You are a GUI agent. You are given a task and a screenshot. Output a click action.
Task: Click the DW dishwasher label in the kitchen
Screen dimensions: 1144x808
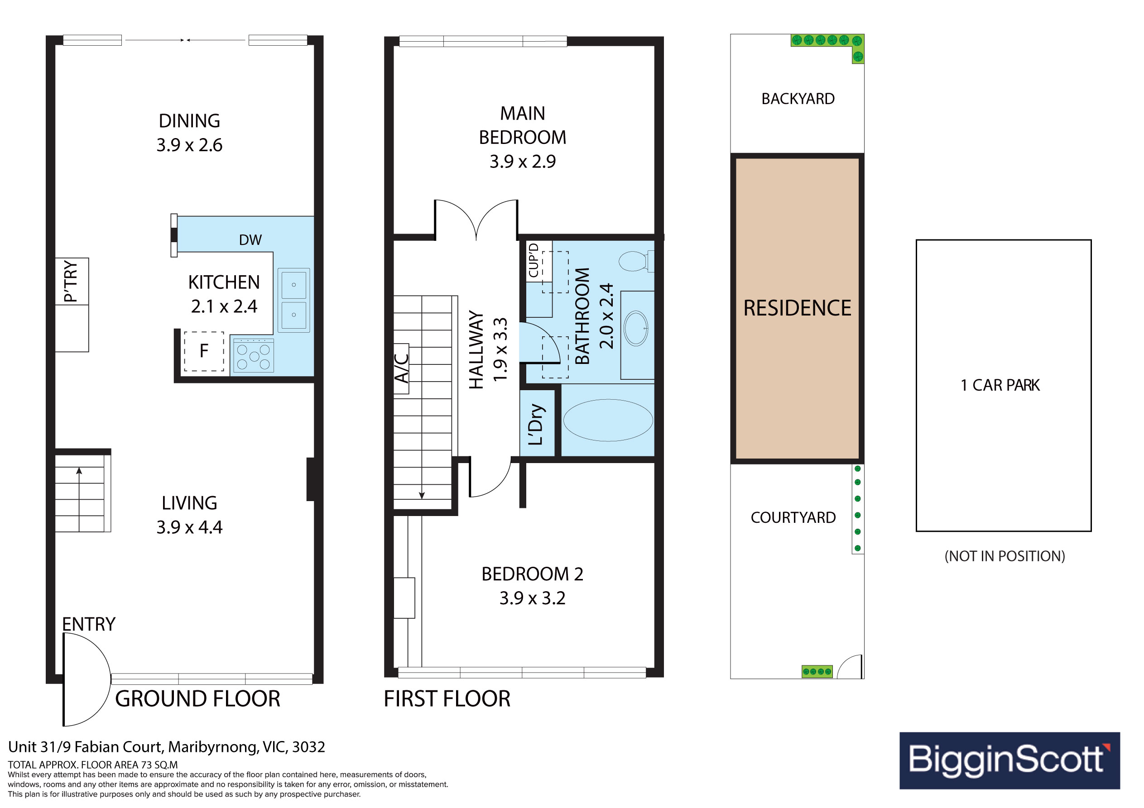pos(250,240)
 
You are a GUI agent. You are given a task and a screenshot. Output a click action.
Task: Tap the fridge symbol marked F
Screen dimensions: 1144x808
pos(204,351)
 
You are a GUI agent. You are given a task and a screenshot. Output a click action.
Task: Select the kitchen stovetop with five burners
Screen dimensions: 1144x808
pos(253,356)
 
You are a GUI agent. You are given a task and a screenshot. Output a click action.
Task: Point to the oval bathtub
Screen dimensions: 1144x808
pos(608,420)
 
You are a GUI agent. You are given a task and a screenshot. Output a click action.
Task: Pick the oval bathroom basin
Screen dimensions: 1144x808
pos(636,328)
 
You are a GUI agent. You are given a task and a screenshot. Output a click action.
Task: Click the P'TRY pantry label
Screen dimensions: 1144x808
pos(71,282)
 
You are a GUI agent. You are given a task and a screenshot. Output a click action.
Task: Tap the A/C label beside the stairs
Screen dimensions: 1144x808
pos(402,368)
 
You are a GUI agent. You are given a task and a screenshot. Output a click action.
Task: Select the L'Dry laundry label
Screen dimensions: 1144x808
pos(536,424)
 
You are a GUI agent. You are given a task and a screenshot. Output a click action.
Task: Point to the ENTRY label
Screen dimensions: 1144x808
pos(89,624)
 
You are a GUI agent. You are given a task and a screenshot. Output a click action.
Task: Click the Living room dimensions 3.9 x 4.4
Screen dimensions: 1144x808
pos(189,527)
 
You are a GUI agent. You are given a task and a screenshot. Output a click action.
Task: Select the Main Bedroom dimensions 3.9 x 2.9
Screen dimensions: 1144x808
pos(523,162)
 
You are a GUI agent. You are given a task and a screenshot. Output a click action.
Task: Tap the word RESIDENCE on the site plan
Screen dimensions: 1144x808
pos(797,308)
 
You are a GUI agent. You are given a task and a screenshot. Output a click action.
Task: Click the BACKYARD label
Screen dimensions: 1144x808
pos(798,99)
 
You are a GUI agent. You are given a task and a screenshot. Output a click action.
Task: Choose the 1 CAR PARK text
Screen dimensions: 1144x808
pos(1000,385)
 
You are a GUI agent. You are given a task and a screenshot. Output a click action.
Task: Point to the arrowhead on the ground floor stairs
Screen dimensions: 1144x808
pos(79,471)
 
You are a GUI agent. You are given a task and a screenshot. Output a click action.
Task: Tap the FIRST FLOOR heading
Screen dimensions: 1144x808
pos(447,698)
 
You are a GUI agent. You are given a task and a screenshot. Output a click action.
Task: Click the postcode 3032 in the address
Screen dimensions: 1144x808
pos(308,747)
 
